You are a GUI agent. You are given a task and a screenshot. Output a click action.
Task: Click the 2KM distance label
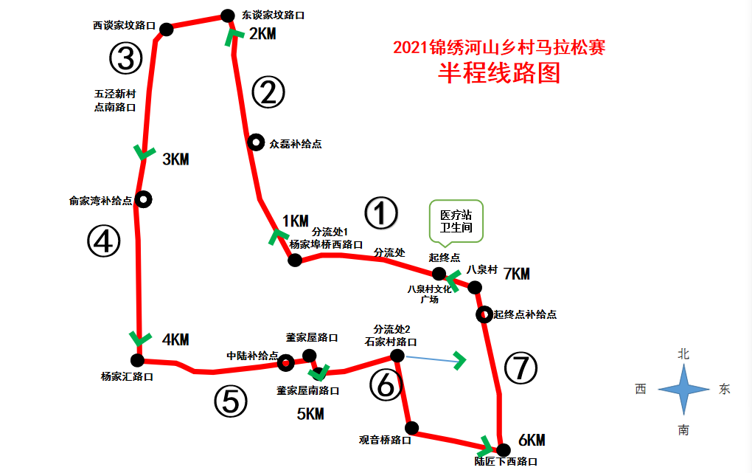[262, 34]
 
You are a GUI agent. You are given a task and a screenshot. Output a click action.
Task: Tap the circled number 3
[125, 58]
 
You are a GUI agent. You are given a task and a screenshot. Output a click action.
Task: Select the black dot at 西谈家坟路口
[167, 30]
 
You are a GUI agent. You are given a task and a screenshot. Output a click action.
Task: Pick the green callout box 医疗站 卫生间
[456, 221]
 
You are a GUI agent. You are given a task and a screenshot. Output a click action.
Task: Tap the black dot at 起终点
[439, 274]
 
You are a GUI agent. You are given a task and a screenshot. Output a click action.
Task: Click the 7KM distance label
[516, 275]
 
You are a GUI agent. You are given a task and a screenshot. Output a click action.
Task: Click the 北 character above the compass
[683, 354]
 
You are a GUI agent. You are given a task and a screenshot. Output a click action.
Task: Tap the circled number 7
[522, 368]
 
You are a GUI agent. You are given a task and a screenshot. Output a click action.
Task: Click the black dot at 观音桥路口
[412, 428]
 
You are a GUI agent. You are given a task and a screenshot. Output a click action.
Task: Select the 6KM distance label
[531, 441]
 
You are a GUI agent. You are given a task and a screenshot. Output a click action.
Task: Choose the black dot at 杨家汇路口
[137, 360]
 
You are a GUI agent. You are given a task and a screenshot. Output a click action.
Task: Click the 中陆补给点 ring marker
[285, 362]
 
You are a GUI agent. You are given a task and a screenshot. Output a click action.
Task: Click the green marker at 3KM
[144, 152]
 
